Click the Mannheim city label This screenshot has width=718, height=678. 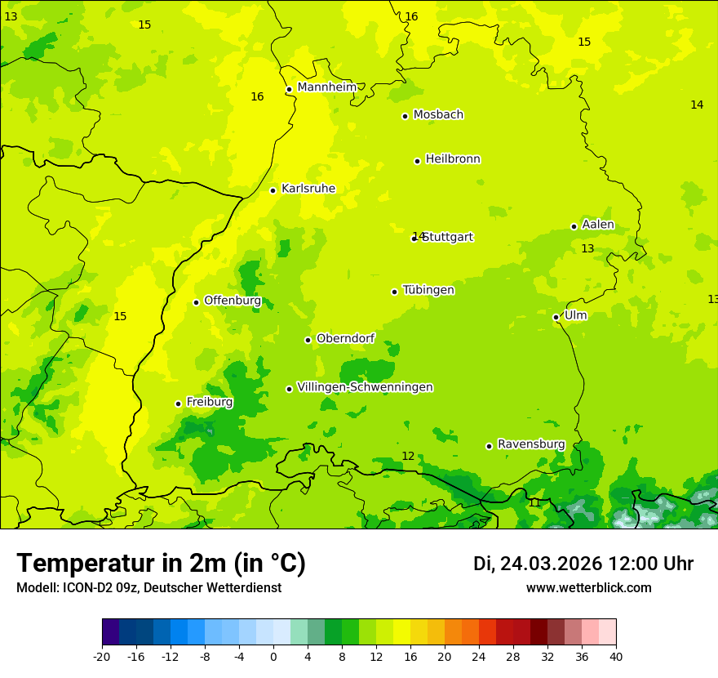coord(326,87)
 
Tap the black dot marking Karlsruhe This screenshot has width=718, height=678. coord(273,190)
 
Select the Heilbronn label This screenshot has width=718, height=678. coord(453,159)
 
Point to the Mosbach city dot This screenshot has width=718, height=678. coord(405,116)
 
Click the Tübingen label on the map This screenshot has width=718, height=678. coord(428,290)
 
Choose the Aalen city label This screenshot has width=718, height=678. coord(598,225)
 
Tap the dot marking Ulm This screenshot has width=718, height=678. coord(556,317)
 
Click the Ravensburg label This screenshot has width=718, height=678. coord(531,444)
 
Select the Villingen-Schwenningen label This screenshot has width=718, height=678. coord(365,387)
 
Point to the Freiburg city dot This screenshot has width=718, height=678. coord(178,404)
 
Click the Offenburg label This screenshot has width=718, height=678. coord(233,301)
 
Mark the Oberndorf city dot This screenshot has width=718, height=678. coord(308,340)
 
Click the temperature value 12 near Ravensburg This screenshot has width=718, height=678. coord(408,456)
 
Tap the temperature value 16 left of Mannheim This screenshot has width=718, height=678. coord(257,97)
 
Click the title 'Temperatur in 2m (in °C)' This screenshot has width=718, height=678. coord(161,564)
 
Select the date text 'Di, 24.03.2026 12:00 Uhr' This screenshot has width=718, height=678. coord(583,564)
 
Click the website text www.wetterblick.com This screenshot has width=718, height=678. coord(588,588)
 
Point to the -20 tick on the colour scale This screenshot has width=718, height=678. coord(102,656)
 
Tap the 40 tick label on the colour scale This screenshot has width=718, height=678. coord(615,656)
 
